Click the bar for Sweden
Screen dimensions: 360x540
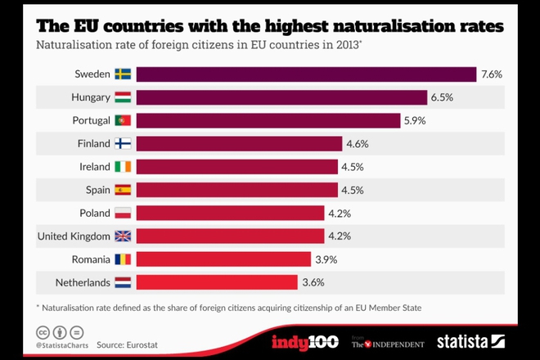(306, 74)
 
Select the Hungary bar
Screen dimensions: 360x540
(281, 97)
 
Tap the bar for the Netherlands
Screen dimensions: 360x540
(216, 282)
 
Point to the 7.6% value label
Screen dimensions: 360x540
(492, 74)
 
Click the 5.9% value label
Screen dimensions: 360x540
(414, 120)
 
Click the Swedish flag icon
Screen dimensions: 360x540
(124, 74)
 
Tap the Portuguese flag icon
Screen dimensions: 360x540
(124, 120)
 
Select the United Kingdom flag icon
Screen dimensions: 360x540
(124, 236)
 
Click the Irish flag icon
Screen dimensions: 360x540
(124, 167)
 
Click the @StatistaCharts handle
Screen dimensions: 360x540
(62, 346)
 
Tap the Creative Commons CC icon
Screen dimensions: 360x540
(42, 332)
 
